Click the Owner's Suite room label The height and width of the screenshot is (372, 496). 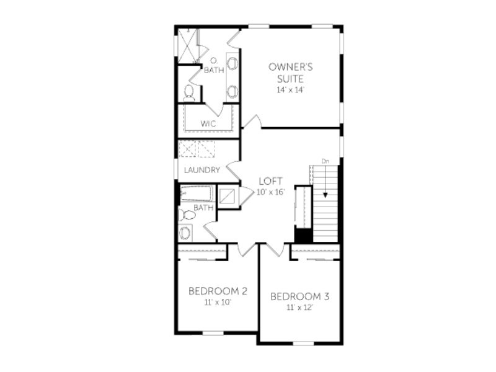(290, 73)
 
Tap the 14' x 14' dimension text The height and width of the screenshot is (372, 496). (290, 90)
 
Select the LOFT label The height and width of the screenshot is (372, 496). (271, 181)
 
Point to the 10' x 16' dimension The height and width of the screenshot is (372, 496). (271, 192)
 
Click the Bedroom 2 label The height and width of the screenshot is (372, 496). (218, 291)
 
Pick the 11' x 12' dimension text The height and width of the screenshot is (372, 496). (299, 308)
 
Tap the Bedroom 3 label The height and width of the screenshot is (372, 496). (300, 297)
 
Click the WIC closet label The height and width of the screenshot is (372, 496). (208, 123)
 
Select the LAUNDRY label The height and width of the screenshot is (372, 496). (202, 170)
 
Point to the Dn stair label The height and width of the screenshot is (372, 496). (325, 161)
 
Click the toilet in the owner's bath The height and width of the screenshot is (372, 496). (189, 93)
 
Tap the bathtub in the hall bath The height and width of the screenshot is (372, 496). (197, 193)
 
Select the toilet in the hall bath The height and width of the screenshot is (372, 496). (187, 215)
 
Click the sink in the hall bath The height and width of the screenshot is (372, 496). (185, 233)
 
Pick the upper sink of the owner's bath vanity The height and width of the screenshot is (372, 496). (232, 63)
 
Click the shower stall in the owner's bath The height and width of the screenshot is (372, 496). (188, 46)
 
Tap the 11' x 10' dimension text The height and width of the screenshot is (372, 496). (218, 303)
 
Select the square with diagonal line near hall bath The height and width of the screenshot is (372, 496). (228, 196)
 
